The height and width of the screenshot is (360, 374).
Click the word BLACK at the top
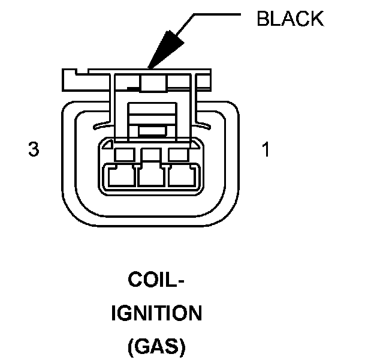290,19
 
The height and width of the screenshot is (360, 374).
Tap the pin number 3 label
34,149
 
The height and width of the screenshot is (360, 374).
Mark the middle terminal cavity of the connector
152,176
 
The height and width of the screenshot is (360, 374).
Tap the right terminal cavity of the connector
183,176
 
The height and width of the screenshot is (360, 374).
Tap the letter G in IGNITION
125,313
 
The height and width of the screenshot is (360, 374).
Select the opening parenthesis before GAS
130,347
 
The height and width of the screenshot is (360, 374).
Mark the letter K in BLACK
316,19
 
